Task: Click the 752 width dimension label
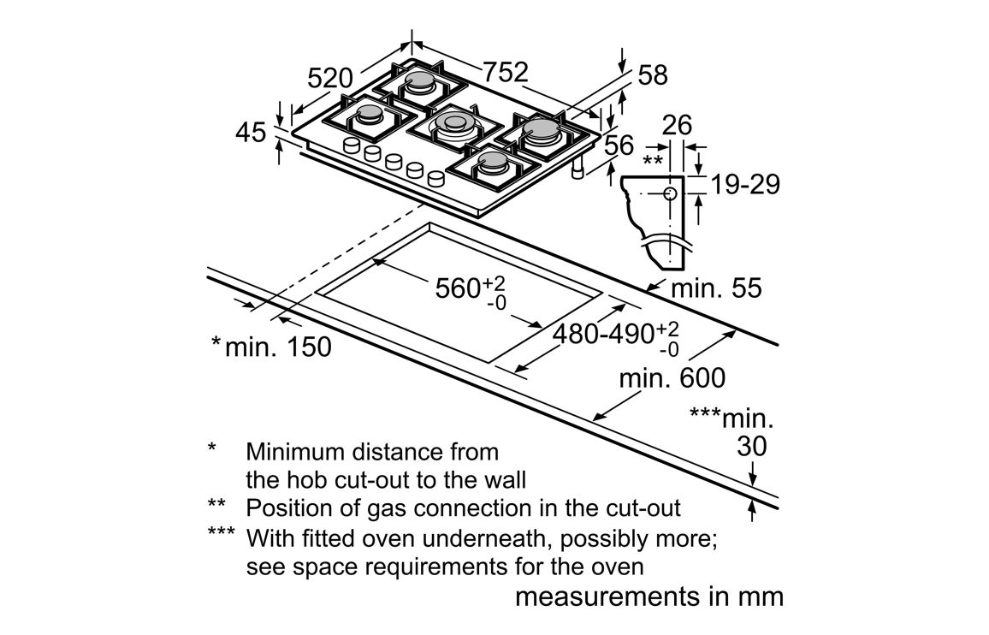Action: coord(506,73)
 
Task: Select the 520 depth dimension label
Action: coord(330,79)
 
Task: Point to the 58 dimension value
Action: coord(653,75)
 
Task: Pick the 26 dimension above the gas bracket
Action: coord(677,125)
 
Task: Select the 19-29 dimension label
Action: coord(745,184)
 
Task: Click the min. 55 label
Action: coord(715,288)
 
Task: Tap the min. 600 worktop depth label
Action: coord(672,377)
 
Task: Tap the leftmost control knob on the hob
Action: coord(350,146)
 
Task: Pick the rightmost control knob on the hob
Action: coord(436,179)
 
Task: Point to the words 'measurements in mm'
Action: coord(649,596)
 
